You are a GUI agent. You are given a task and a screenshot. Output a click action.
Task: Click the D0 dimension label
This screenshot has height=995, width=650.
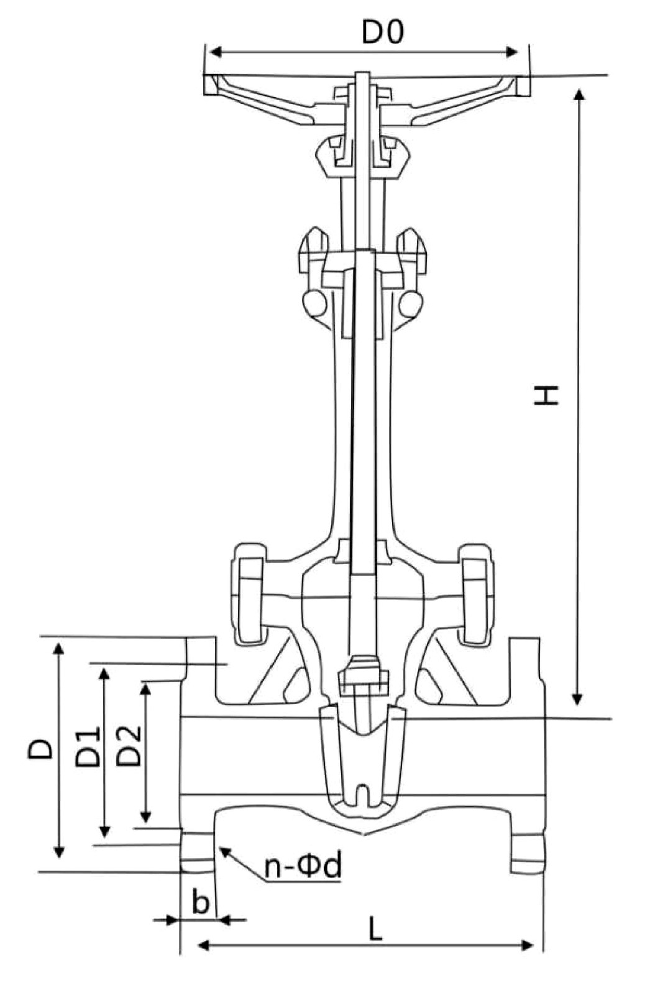point(383,32)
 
